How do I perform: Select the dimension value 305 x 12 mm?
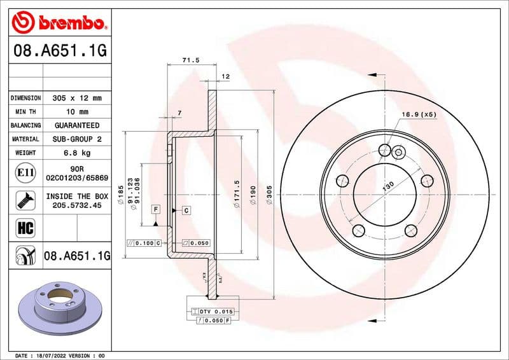[x=76, y=98]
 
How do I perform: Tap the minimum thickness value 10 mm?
[x=76, y=112]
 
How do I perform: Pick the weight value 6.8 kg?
[x=76, y=153]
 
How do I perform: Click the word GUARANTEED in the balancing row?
[x=76, y=125]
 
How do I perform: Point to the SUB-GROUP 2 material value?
[x=76, y=139]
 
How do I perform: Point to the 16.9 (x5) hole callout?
[x=419, y=114]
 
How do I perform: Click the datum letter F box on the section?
[x=155, y=209]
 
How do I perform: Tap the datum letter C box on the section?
[x=186, y=209]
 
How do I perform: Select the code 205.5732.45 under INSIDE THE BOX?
[x=76, y=205]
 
